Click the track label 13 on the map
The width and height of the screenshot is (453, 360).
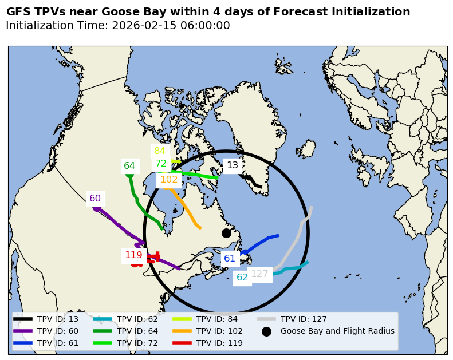(233, 165)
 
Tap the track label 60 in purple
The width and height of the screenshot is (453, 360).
(95, 199)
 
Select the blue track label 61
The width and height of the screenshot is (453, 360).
(230, 258)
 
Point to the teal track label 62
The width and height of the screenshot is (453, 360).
(242, 278)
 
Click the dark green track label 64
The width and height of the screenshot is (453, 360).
(129, 166)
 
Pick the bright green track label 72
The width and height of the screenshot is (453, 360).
(161, 164)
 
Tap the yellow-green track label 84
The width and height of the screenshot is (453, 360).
(160, 151)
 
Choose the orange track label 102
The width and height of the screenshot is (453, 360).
(169, 180)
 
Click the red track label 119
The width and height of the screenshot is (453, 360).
(133, 255)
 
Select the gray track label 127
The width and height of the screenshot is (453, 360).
(259, 274)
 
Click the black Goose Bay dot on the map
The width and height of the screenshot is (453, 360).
(226, 233)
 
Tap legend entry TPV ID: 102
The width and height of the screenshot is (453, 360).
(220, 331)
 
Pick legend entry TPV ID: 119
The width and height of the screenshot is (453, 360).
(220, 343)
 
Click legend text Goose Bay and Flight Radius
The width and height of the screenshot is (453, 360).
(337, 331)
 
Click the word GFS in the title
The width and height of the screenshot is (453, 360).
(18, 12)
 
